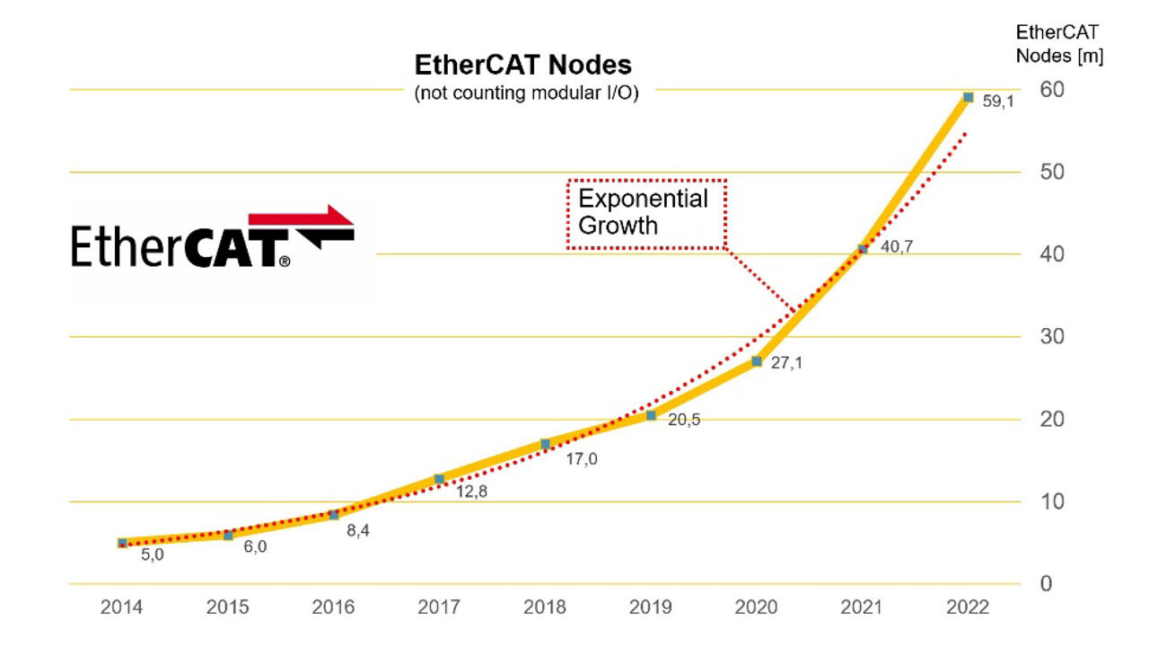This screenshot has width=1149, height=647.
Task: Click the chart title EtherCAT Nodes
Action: [x=522, y=66]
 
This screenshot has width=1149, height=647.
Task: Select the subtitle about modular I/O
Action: [x=526, y=93]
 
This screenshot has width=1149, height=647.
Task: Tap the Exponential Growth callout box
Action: [x=645, y=213]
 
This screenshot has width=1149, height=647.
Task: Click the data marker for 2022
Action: [x=968, y=97]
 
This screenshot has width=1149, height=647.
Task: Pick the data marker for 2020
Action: [x=757, y=361]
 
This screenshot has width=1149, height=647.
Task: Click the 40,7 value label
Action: [x=896, y=247]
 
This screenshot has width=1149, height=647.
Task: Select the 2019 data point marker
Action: [x=651, y=415]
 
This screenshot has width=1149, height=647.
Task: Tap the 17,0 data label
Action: [x=581, y=459]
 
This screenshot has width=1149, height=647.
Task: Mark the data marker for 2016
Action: [x=333, y=515]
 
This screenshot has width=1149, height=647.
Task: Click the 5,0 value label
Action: [x=153, y=555]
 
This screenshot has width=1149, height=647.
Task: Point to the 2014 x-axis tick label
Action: [x=121, y=608]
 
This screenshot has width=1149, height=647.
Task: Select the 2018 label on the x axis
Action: [x=545, y=608]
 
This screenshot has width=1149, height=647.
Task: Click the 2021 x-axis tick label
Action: [x=862, y=608]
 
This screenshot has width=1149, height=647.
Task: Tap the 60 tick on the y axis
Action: [x=1051, y=89]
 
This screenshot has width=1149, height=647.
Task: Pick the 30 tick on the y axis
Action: [x=1051, y=337]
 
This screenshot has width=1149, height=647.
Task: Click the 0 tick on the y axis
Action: [x=1045, y=584]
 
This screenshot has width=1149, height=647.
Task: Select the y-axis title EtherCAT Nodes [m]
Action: [x=1059, y=44]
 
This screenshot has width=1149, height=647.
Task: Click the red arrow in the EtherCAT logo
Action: [x=305, y=217]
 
